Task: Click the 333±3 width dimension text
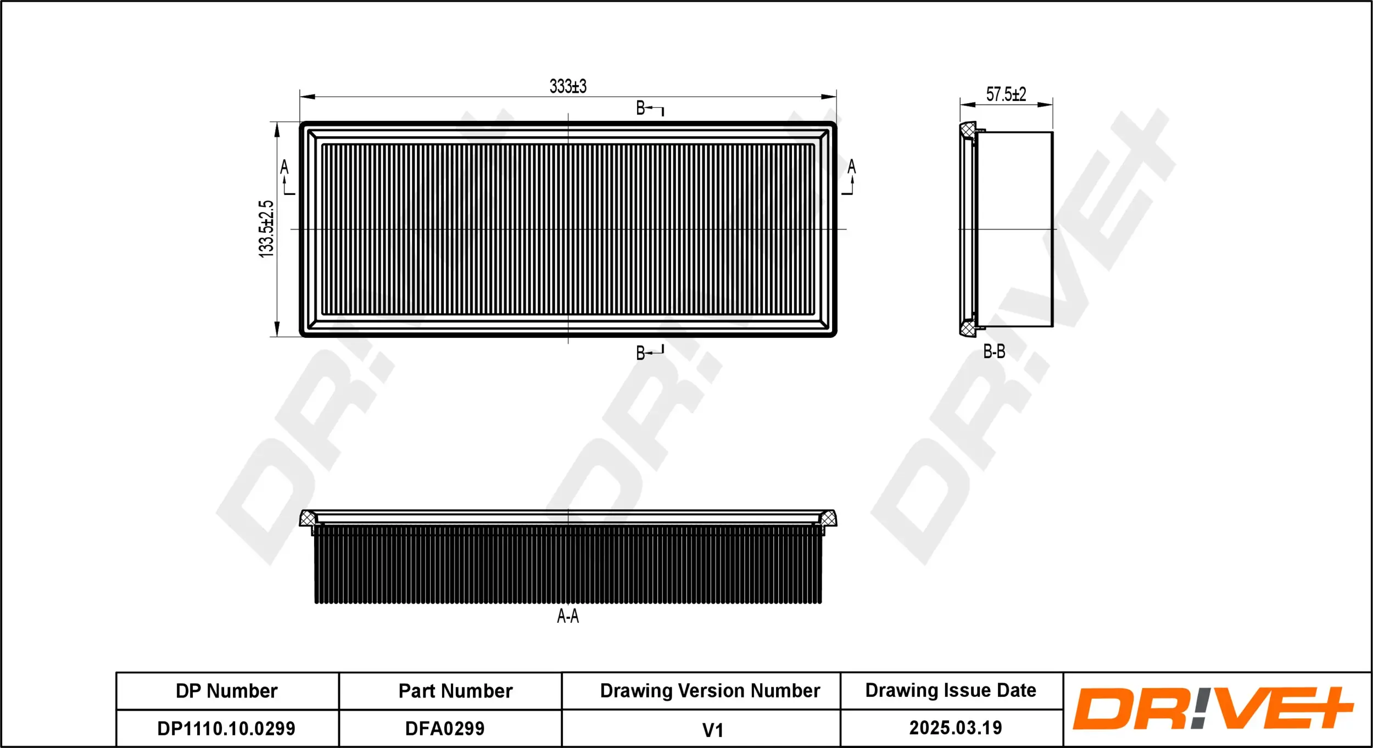568,86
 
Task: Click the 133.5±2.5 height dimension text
266,228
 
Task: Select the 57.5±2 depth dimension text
1006,94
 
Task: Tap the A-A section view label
567,616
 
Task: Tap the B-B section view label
994,351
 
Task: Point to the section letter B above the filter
640,108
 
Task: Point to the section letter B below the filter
640,353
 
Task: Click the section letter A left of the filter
284,167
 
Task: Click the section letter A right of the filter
851,167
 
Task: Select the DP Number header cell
226,691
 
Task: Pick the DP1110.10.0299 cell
226,729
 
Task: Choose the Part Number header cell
455,691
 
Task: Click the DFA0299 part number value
445,729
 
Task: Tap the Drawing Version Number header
710,690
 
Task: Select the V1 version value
712,730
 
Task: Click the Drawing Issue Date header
950,690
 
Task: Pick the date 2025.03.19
955,728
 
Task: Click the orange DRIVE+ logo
1212,708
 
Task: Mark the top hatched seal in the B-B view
968,131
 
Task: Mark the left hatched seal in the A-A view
308,518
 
